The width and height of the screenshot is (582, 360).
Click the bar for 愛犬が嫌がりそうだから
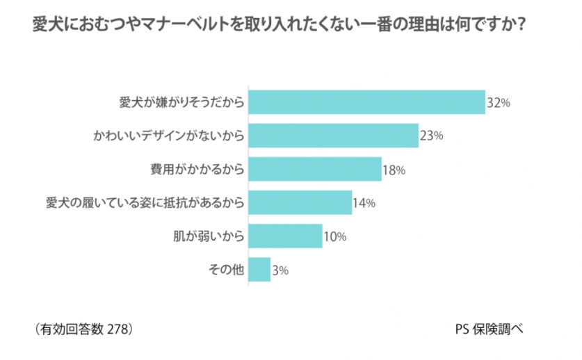click(366, 102)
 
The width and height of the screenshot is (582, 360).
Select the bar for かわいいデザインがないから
click(333, 136)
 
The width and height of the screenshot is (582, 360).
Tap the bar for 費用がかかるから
click(315, 169)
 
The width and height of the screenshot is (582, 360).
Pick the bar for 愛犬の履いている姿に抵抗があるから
click(300, 202)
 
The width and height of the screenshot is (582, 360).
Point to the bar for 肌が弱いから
click(285, 236)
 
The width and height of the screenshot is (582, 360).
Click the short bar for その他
click(259, 269)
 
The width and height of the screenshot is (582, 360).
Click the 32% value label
click(499, 103)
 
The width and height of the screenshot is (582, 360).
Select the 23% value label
click(432, 136)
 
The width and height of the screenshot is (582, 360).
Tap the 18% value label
click(394, 170)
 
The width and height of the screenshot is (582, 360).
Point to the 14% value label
click(364, 203)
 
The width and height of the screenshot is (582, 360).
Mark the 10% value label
click(335, 236)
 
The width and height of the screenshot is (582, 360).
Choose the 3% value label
click(280, 270)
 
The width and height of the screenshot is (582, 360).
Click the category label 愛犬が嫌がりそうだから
click(181, 103)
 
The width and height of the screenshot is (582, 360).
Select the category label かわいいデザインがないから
click(169, 136)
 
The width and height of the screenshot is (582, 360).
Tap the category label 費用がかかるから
click(197, 170)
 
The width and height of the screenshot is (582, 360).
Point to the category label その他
click(227, 270)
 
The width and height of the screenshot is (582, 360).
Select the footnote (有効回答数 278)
click(82, 327)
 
